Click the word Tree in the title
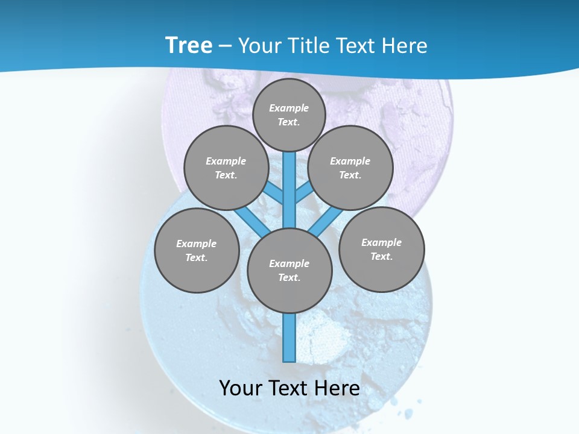[189, 45]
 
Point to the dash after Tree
[225, 46]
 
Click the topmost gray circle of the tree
[289, 115]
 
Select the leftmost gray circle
[197, 250]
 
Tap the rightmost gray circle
[381, 249]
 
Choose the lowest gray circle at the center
[289, 270]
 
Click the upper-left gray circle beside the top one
[226, 168]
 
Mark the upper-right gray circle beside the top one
[350, 168]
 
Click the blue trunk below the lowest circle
[289, 338]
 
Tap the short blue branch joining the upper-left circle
[274, 193]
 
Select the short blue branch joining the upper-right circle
[304, 193]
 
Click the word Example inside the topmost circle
[289, 108]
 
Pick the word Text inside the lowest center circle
[289, 278]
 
